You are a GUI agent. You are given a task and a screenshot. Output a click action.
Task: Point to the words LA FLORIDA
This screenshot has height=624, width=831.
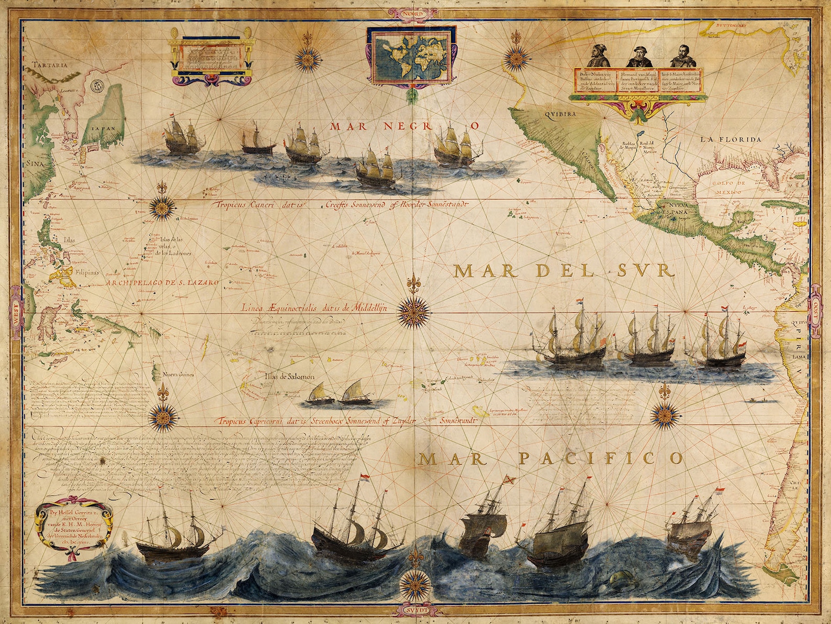[731, 140]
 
